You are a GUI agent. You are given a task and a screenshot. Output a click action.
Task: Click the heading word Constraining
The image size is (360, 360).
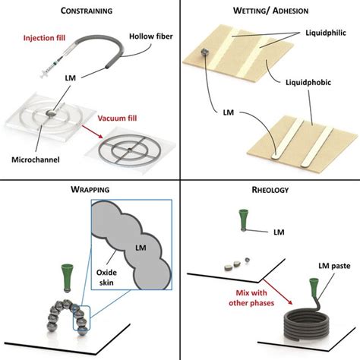point(90,12)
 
